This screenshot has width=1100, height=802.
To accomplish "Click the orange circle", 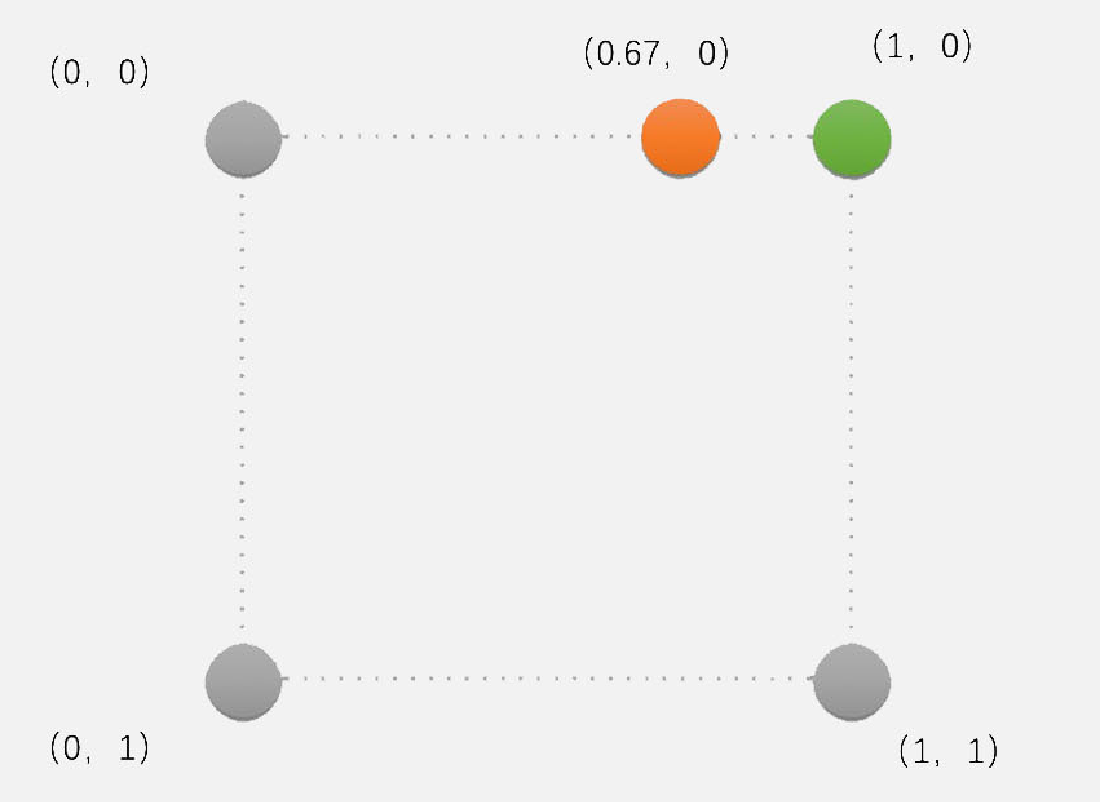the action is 680,138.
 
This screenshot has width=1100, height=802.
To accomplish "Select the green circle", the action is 851,138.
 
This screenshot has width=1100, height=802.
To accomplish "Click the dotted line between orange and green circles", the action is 766,136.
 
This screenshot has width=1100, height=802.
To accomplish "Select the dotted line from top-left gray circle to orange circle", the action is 461,136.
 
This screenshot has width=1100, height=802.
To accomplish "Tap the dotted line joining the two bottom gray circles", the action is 547,679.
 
